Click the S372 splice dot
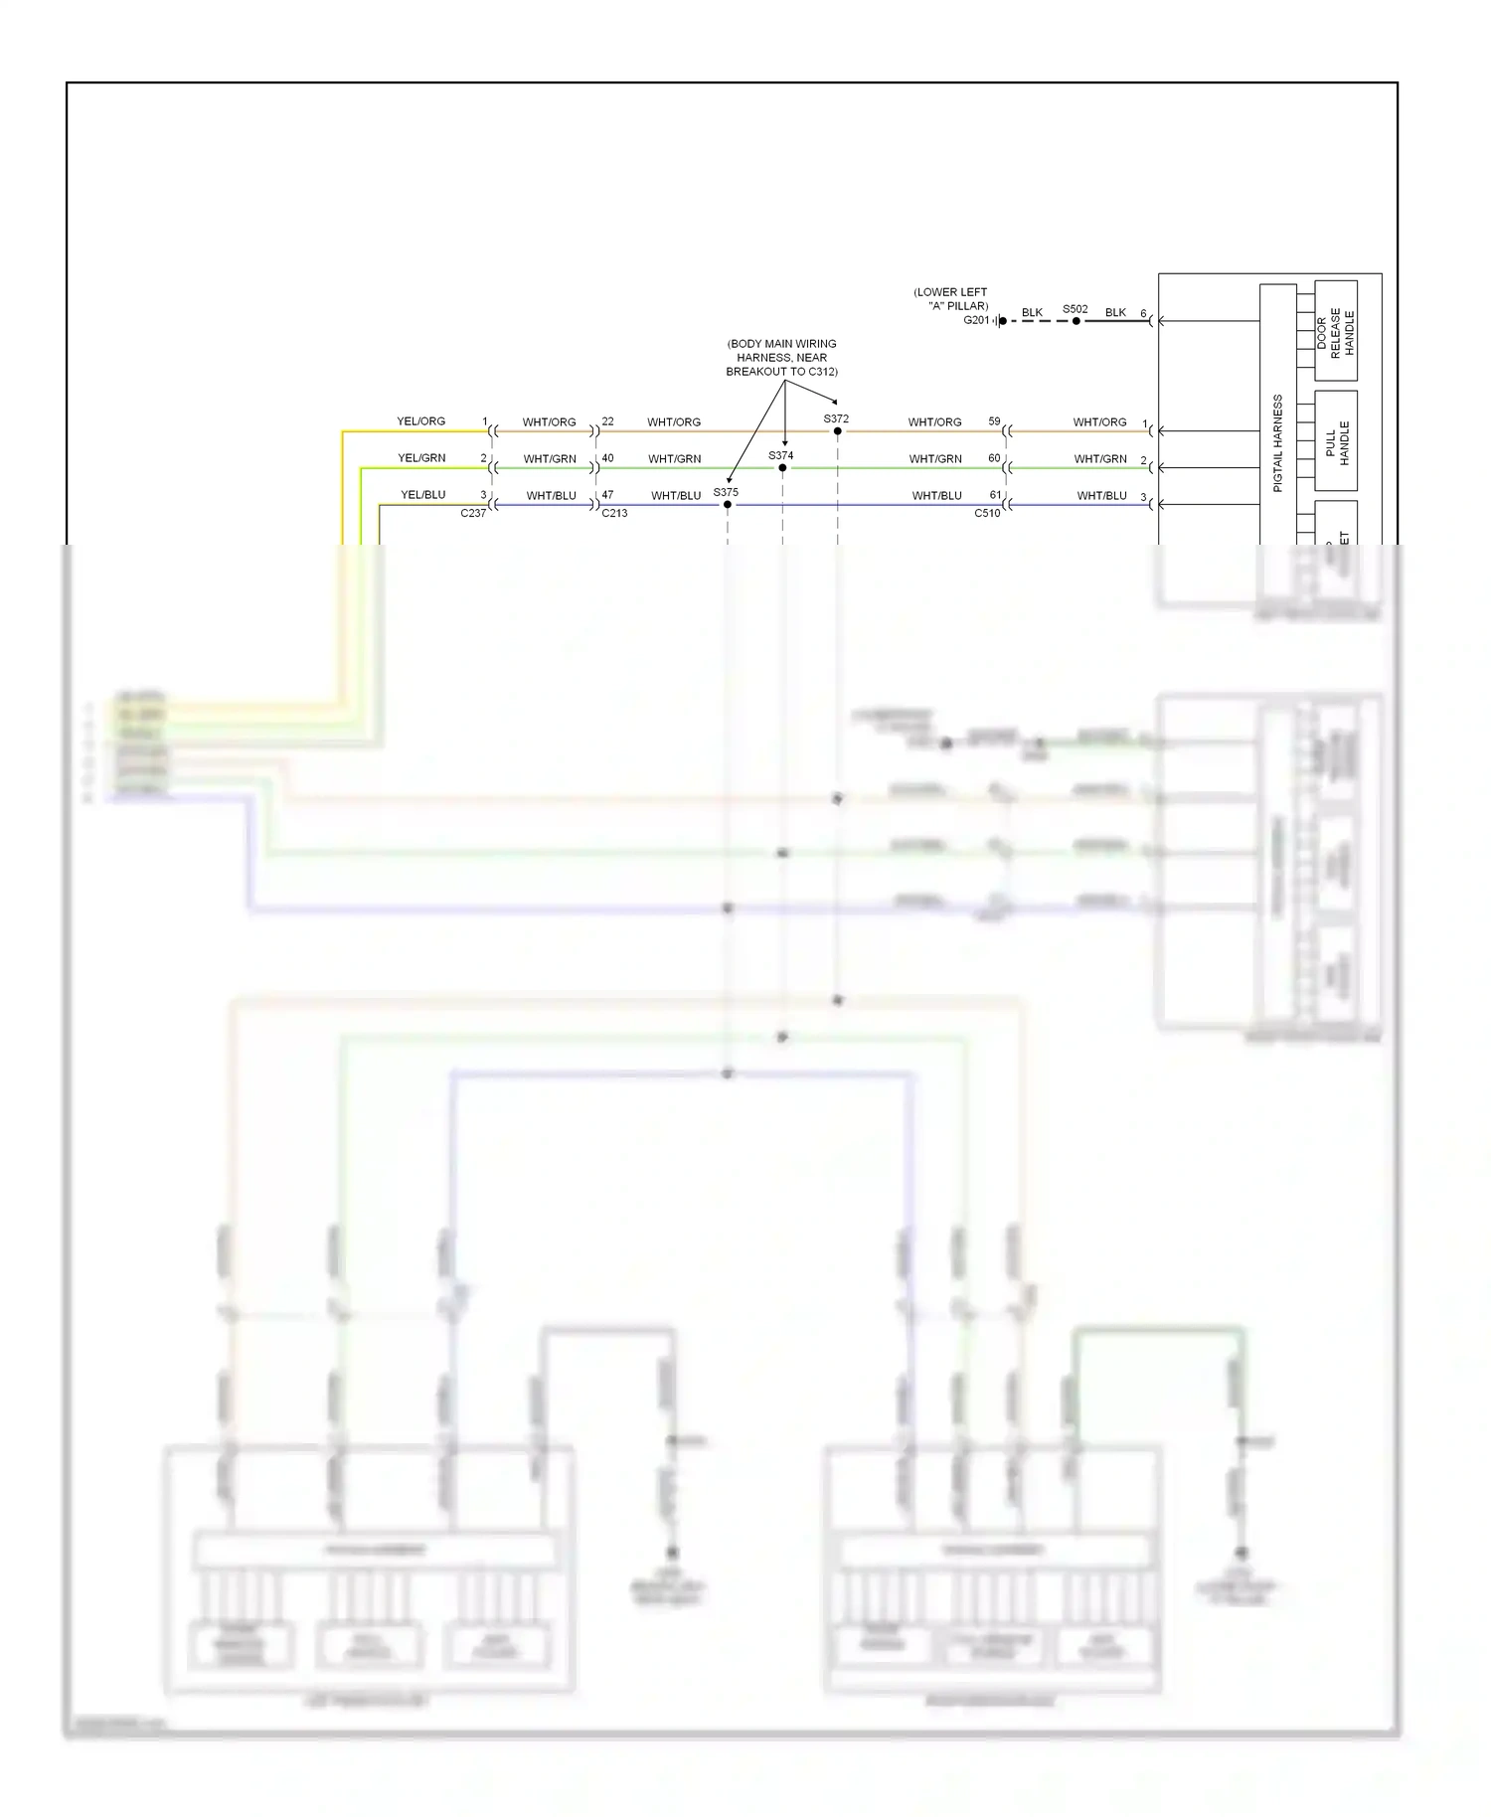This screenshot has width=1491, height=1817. pyautogui.click(x=837, y=431)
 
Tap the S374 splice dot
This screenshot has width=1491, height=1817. pyautogui.click(x=782, y=468)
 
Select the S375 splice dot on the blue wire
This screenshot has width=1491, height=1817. pyautogui.click(x=728, y=505)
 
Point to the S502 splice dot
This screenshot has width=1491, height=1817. pyautogui.click(x=1077, y=321)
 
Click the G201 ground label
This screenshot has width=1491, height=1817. pyautogui.click(x=976, y=321)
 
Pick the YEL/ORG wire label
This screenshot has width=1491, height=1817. pyautogui.click(x=421, y=421)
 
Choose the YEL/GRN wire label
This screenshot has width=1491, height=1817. pyautogui.click(x=421, y=458)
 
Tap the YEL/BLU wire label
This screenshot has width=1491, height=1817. pyautogui.click(x=422, y=495)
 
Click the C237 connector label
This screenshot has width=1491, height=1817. pyautogui.click(x=473, y=514)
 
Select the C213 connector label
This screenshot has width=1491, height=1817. pyautogui.click(x=614, y=514)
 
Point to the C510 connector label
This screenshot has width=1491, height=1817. pyautogui.click(x=987, y=514)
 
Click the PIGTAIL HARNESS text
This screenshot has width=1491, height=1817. pyautogui.click(x=1278, y=442)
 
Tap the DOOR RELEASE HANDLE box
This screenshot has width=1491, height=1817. pyautogui.click(x=1335, y=332)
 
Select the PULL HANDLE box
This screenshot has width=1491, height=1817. pyautogui.click(x=1336, y=441)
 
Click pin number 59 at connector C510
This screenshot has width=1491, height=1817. pyautogui.click(x=994, y=421)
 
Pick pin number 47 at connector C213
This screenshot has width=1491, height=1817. pyautogui.click(x=607, y=495)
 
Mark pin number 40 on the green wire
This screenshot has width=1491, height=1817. pyautogui.click(x=607, y=458)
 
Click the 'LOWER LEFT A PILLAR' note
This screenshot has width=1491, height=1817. pyautogui.click(x=951, y=299)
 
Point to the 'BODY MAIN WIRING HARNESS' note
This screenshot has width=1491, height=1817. pyautogui.click(x=781, y=358)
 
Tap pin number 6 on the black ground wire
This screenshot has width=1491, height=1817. pyautogui.click(x=1143, y=313)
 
